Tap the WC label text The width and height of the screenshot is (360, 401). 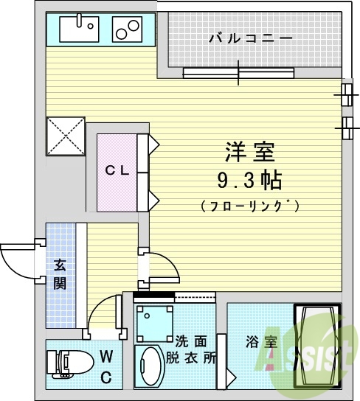106,367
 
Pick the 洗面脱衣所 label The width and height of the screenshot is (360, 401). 195,350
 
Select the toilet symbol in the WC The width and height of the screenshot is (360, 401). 66,363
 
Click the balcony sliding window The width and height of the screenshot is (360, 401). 240,72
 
